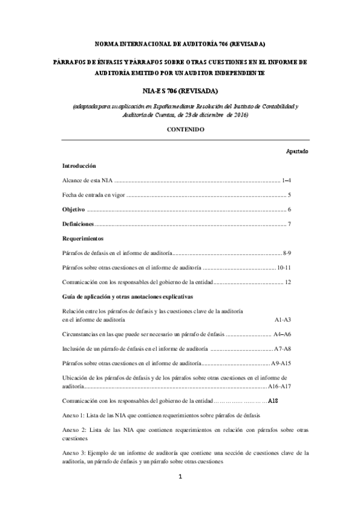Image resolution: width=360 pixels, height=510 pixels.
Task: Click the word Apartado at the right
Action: click(x=297, y=151)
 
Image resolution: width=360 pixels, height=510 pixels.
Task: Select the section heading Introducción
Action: click(x=80, y=165)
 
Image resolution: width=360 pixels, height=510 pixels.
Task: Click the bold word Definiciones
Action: click(x=78, y=224)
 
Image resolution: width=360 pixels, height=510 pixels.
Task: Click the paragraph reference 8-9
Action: click(x=287, y=253)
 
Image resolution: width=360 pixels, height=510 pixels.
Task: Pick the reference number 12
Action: click(x=288, y=282)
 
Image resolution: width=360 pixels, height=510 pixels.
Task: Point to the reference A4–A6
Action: click(x=282, y=334)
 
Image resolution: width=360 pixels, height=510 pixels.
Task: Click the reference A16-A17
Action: click(x=280, y=386)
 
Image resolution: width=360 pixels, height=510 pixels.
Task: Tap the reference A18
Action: click(x=272, y=401)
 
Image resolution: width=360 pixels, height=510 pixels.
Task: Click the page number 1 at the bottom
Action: click(x=180, y=478)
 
